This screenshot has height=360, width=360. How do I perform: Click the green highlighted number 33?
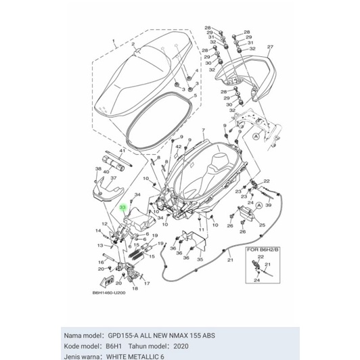122,210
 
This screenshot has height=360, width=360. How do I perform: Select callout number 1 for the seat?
114,41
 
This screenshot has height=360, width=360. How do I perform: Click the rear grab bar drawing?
250,68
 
